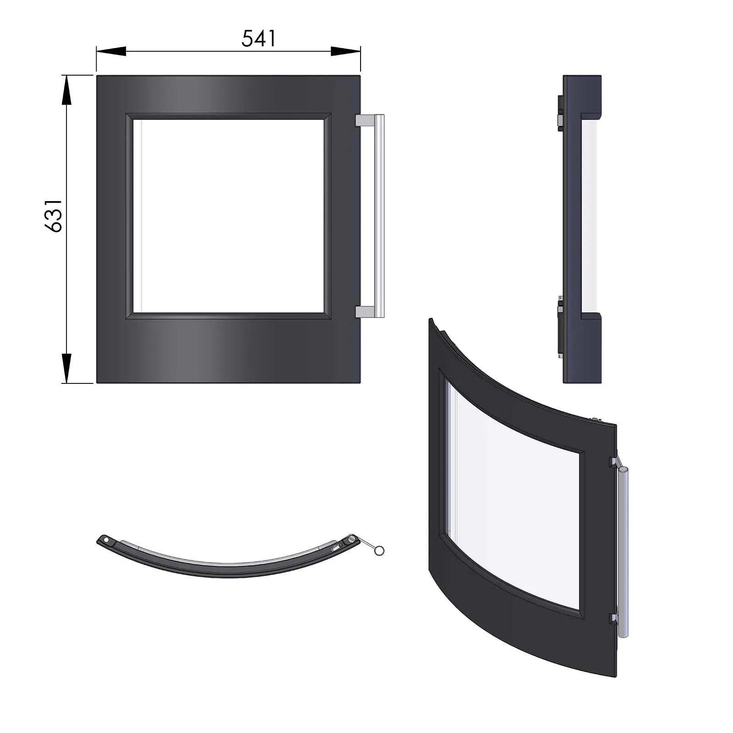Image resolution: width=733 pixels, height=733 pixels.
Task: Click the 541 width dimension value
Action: tap(259, 38)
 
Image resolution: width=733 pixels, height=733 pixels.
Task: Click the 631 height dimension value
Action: tap(54, 216)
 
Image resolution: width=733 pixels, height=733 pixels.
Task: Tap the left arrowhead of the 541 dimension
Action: tap(111, 51)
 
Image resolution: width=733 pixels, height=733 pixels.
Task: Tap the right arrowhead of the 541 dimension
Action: tap(345, 51)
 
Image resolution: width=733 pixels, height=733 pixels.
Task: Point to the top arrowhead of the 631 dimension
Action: tap(67, 90)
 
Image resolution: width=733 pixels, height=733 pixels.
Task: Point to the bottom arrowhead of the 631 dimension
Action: tap(67, 368)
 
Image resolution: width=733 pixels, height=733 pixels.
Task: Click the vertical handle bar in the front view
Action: tap(379, 216)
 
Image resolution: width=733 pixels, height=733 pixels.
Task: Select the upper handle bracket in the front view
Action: tap(365, 120)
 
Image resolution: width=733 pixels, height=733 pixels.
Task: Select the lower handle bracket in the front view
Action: tap(365, 312)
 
